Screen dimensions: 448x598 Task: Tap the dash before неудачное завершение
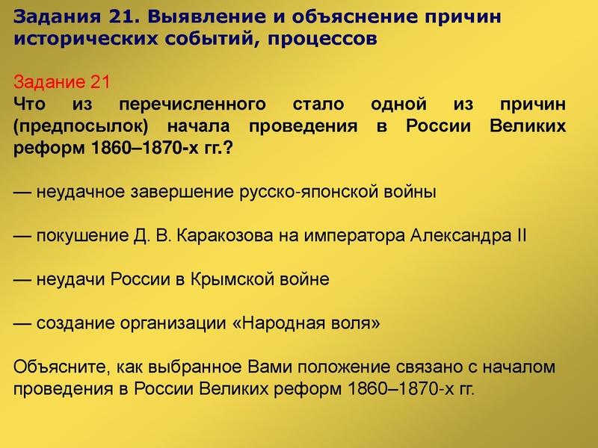[x=22, y=191]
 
